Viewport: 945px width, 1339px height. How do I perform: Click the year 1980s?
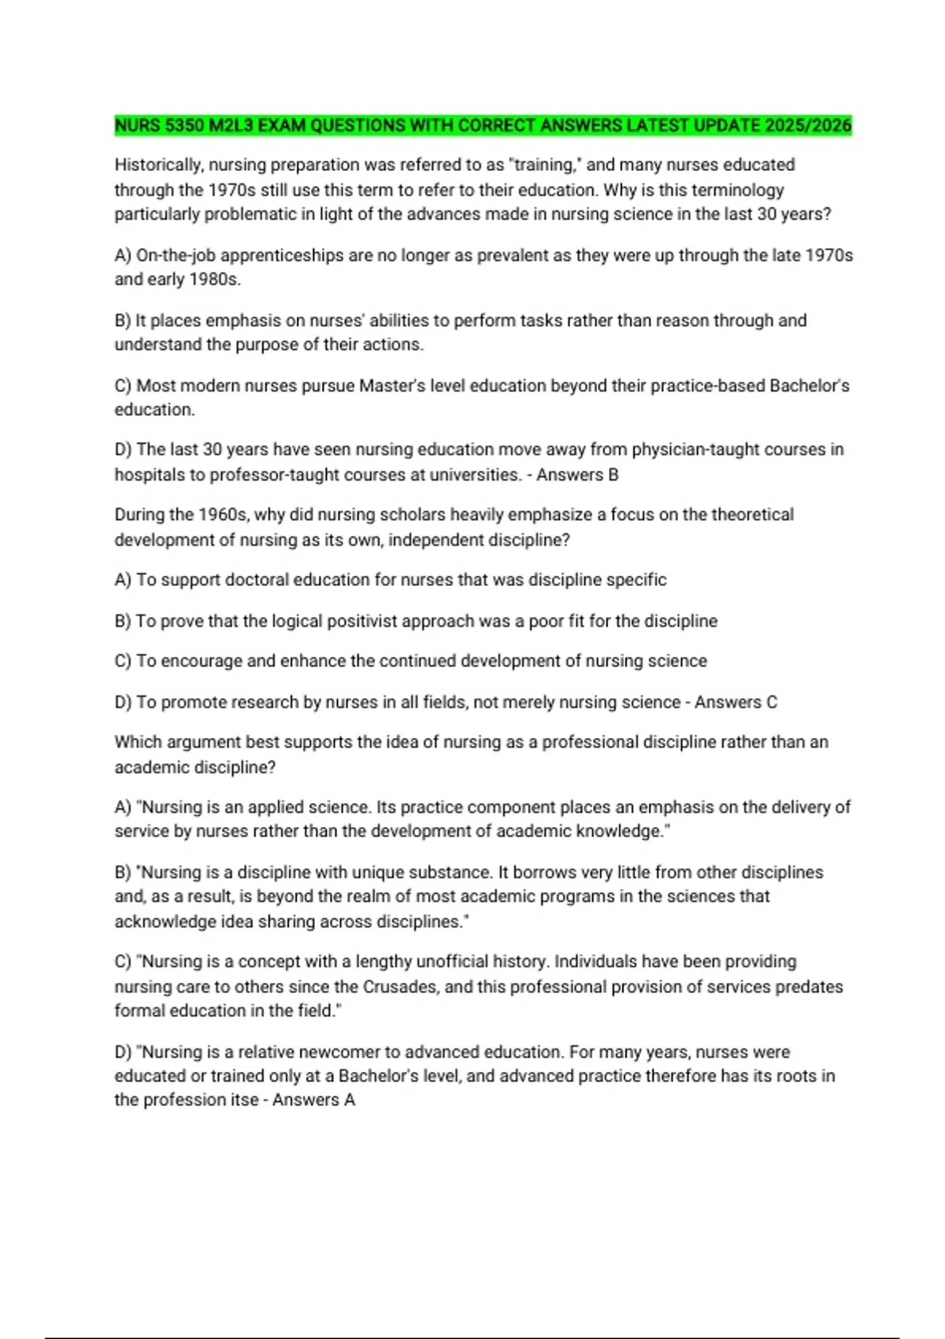pyautogui.click(x=215, y=280)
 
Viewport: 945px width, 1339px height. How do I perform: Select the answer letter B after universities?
pyautogui.click(x=613, y=475)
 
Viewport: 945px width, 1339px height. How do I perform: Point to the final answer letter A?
pyautogui.click(x=350, y=1100)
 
